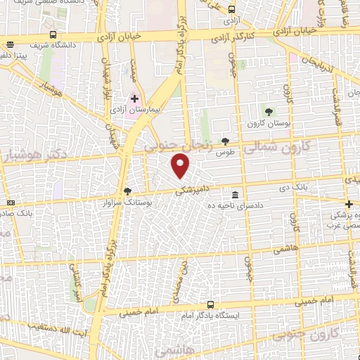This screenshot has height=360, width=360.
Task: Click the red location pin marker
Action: (181, 166)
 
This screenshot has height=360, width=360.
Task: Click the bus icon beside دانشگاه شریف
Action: (54, 34)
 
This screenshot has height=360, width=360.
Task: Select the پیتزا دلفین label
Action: (14, 54)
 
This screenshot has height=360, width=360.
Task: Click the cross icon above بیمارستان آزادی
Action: (135, 99)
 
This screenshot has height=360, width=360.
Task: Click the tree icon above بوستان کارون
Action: (269, 110)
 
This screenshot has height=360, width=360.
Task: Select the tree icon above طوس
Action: (225, 141)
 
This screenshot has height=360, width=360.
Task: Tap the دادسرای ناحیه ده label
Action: (235, 205)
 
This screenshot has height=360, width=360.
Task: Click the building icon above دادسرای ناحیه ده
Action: (234, 194)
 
